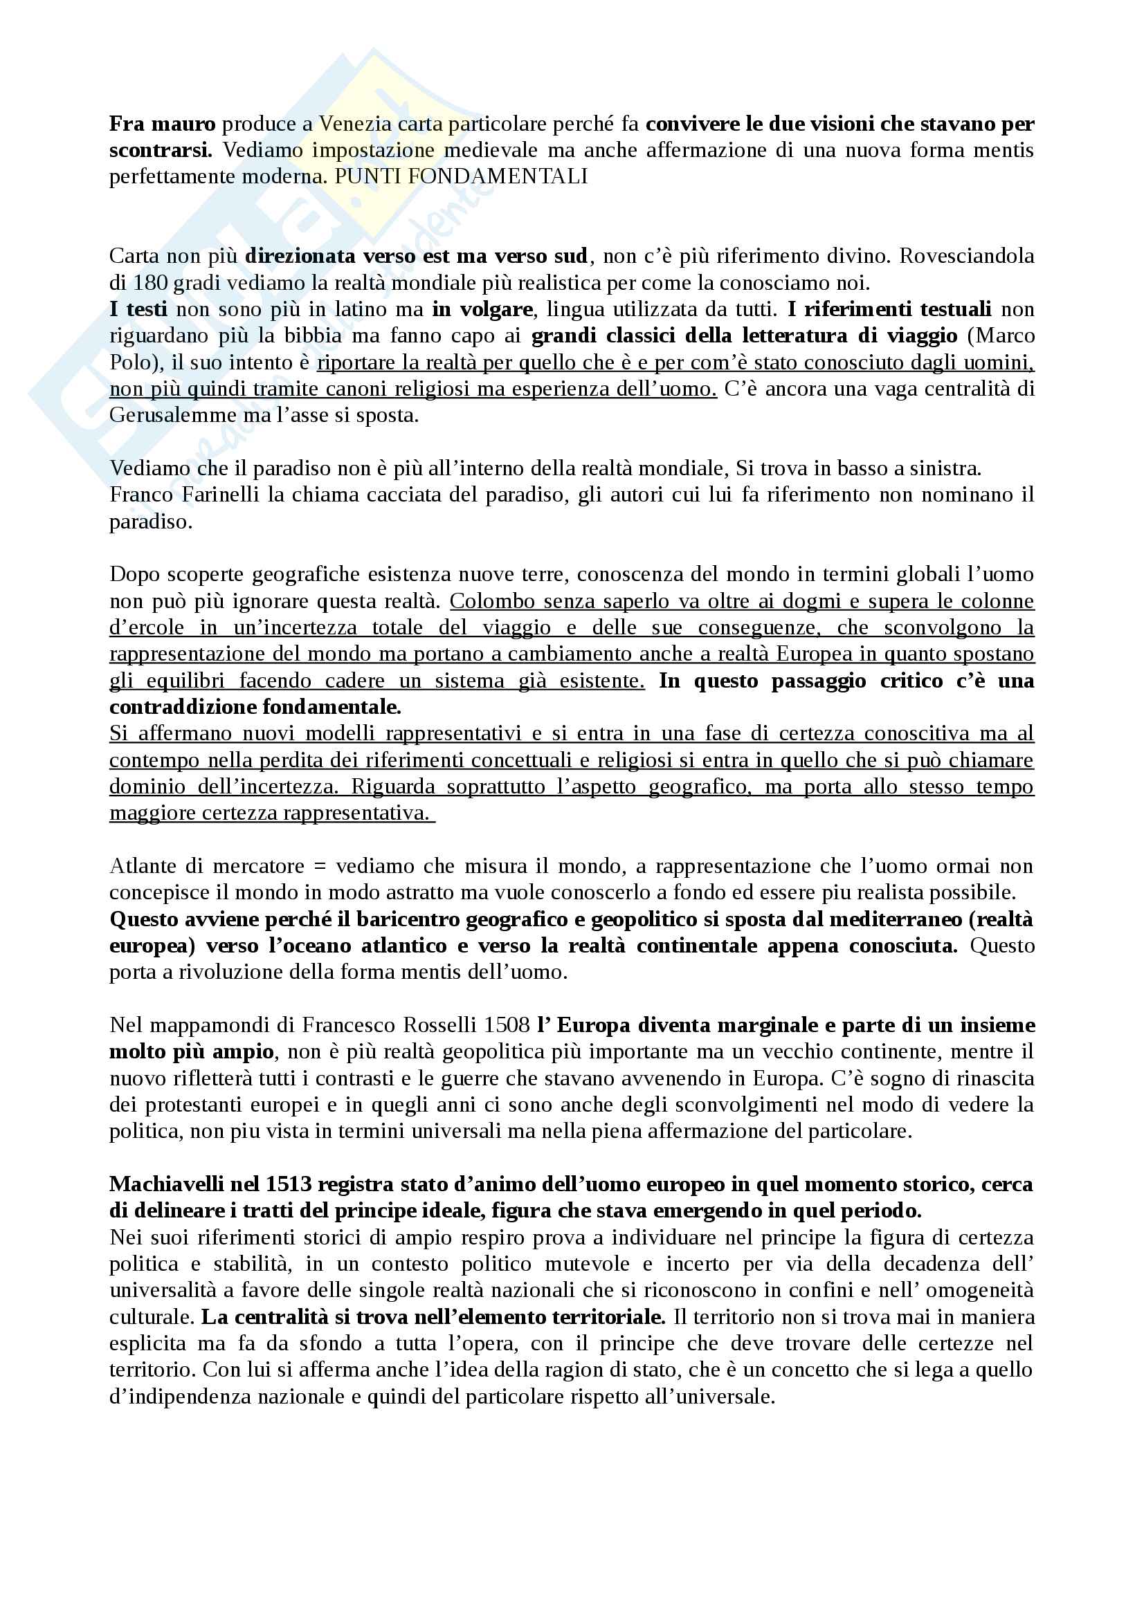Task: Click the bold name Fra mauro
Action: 162,124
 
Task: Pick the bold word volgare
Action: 493,309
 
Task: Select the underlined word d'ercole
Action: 147,628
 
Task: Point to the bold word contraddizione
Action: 183,707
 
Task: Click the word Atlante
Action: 143,866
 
